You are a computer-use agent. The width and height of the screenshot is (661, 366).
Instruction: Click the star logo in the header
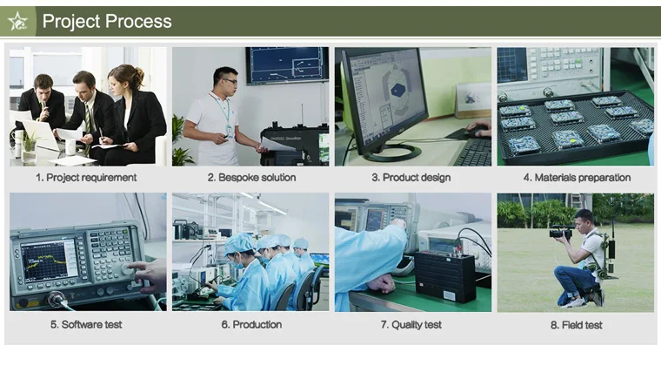pos(18,21)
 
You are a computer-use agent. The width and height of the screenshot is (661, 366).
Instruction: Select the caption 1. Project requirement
pos(86,178)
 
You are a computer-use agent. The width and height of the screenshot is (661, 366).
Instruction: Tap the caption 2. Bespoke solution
pos(251,178)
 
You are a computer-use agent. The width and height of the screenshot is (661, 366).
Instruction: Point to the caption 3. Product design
pos(411,178)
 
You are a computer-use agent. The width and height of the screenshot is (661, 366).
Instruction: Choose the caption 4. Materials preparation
pos(577,178)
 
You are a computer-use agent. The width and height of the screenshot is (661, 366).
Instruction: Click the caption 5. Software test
pos(86,324)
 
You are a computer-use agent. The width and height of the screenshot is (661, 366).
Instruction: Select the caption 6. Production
pos(251,324)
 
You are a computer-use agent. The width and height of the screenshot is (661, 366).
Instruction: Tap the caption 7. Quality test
pos(411,324)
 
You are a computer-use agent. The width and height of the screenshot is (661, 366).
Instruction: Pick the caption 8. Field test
pos(577,324)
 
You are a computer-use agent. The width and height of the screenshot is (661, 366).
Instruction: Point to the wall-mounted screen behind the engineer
pos(286,65)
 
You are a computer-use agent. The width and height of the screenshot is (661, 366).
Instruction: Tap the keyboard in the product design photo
pos(474,153)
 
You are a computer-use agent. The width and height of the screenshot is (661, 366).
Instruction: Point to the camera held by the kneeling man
pos(561,233)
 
